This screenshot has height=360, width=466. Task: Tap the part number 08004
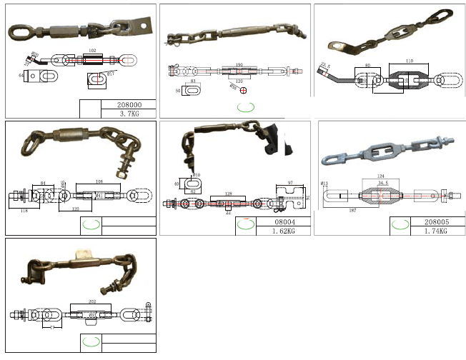tap(284, 222)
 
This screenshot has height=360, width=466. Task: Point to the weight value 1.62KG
tap(284, 231)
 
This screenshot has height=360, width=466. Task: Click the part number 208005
tap(437, 222)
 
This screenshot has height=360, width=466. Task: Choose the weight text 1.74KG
tap(437, 231)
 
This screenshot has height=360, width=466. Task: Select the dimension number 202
tap(92, 301)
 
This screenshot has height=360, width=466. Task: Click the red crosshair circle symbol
tap(242, 89)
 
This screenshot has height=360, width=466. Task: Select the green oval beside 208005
tap(400, 224)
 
